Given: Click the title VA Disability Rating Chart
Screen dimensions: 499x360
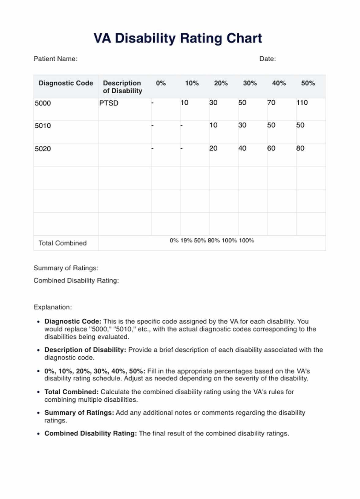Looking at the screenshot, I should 178,39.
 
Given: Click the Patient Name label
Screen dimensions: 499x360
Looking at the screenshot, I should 55,59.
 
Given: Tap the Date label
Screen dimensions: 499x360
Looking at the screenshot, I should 267,59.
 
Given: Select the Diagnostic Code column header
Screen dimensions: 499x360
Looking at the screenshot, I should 66,83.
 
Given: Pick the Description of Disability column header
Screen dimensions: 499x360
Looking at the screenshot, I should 122,87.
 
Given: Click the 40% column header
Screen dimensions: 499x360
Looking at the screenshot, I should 279,83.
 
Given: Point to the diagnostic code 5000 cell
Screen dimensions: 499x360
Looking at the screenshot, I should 43,103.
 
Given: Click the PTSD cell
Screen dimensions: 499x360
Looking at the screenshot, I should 109,103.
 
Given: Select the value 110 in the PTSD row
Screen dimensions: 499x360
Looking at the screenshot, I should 302,103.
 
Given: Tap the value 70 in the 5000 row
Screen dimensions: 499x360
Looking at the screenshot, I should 271,103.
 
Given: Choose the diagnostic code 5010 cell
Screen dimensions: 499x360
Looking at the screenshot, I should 43,126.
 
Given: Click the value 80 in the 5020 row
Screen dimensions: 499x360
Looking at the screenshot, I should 300,148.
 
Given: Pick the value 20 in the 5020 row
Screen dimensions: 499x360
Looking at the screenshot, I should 213,148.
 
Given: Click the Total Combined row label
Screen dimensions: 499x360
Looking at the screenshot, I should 62,243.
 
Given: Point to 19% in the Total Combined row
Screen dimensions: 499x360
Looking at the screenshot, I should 186,241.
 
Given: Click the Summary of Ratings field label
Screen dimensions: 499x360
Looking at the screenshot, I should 66,268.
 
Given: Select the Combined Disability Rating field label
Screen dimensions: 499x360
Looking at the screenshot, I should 76,280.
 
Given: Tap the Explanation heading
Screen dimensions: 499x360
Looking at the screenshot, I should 53,307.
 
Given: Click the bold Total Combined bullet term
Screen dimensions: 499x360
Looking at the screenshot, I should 71,392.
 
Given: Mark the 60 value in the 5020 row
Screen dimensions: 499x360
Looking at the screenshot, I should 271,148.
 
